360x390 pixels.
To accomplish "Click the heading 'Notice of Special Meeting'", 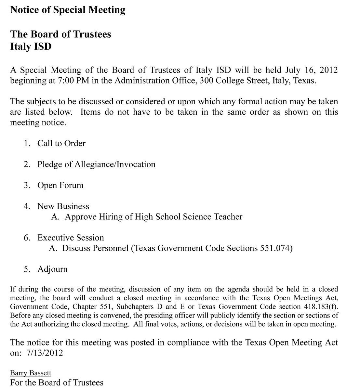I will (68, 10).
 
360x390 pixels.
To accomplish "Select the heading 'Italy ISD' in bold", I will (31, 46).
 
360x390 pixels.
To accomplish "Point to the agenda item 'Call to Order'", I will (61, 143).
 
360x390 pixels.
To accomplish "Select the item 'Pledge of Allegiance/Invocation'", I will (96, 164).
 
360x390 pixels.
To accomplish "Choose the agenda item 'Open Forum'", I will (60, 185).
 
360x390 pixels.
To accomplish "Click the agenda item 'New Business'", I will (63, 206).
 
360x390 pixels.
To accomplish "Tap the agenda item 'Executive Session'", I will (71, 238).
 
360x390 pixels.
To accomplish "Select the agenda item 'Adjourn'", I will (52, 269).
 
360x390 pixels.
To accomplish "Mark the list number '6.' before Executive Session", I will (27, 238).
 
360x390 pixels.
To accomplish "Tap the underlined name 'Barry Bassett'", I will (31, 373).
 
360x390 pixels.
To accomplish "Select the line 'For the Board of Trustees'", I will (57, 383).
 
